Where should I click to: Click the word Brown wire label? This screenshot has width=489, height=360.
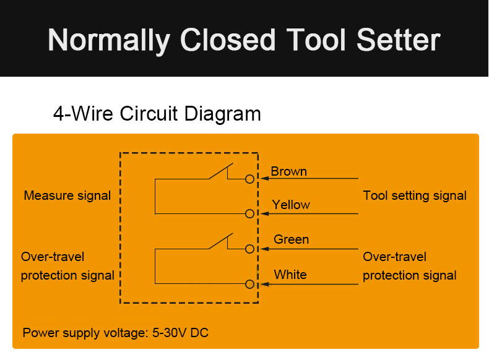tap(289, 171)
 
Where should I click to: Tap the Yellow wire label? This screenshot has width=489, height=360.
tap(291, 205)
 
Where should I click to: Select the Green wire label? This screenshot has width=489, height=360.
tap(292, 239)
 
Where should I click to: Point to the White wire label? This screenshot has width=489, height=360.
tap(290, 275)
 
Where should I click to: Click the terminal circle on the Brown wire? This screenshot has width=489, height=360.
tap(249, 179)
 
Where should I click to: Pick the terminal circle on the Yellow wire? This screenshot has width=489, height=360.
tap(249, 213)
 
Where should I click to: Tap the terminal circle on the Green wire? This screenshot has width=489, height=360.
tap(249, 249)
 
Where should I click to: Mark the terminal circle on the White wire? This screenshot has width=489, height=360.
tap(249, 284)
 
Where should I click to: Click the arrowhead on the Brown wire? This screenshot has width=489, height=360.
tap(265, 178)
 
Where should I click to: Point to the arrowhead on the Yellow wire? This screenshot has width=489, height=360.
tap(265, 213)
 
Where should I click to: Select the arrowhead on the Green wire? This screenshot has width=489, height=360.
tap(265, 249)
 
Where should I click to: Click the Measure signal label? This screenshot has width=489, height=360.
tap(67, 195)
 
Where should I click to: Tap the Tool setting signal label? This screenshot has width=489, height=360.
tap(415, 195)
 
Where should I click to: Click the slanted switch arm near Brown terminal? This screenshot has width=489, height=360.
tap(221, 171)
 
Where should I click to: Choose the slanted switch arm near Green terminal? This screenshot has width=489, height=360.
tap(221, 241)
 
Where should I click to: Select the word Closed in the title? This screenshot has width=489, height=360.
tap(228, 40)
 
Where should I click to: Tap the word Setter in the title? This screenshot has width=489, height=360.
tap(398, 40)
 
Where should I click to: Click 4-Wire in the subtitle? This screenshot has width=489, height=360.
tap(83, 113)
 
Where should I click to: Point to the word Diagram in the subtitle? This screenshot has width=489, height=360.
tap(222, 114)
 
